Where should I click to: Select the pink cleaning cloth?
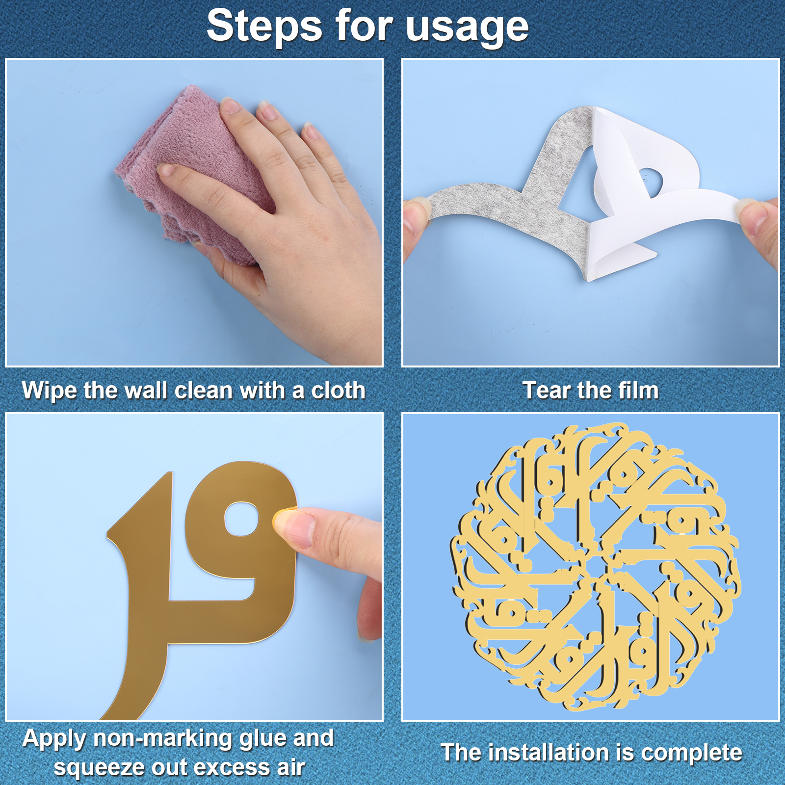click(196, 174)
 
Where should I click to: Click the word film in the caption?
click(638, 391)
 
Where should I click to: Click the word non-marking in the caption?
click(162, 739)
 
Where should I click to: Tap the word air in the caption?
click(291, 767)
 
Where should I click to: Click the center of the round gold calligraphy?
click(595, 567)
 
